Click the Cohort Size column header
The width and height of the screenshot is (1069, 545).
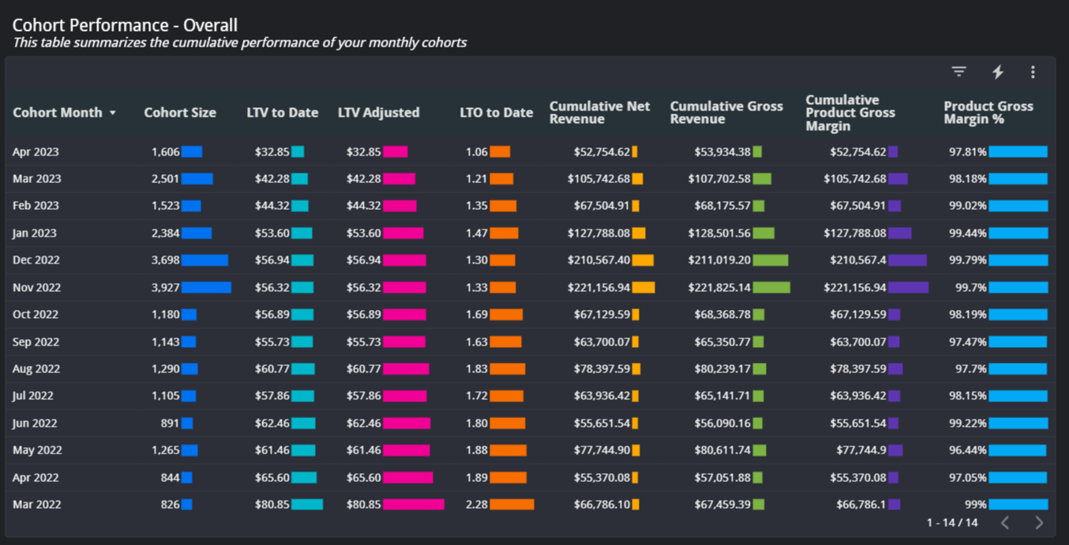point(179,113)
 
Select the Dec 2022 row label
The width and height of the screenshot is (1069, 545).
point(36,260)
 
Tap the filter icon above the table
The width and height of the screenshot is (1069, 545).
point(958,72)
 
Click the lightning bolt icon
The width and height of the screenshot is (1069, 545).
point(998,72)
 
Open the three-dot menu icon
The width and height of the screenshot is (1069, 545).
point(1033,72)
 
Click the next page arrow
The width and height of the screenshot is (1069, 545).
point(1039,522)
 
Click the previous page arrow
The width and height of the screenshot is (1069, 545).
point(1005,522)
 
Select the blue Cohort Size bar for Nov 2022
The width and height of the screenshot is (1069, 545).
point(206,288)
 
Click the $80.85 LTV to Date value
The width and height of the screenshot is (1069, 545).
point(272,505)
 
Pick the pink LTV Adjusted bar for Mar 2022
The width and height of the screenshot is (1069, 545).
point(414,505)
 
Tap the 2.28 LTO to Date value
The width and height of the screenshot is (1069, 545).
point(476,505)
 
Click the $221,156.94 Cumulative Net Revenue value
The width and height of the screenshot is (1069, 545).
point(598,288)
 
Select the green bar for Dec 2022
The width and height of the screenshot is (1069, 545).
point(770,260)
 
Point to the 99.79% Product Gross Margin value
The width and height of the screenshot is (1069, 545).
point(967,260)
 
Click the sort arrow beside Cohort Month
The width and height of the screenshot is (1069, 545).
point(113,114)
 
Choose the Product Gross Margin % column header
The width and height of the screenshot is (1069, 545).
point(988,113)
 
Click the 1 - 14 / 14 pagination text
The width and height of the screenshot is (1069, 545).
point(951,522)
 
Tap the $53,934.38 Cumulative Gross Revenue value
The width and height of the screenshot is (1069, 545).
point(722,152)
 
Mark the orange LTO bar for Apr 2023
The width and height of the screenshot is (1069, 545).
point(500,152)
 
